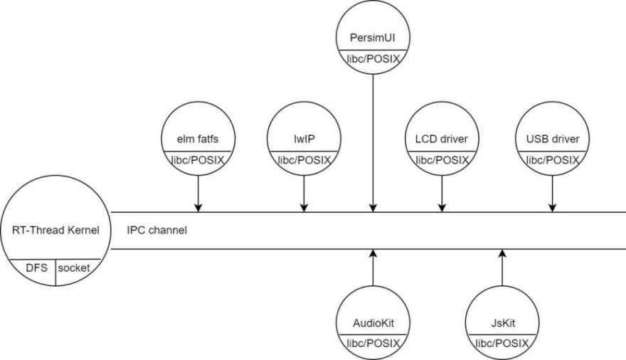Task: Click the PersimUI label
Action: (373, 38)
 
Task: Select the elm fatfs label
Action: (198, 139)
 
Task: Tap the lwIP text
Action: (304, 139)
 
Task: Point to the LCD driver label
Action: (442, 139)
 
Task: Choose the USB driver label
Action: (553, 139)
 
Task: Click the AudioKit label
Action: (373, 323)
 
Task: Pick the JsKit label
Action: (503, 323)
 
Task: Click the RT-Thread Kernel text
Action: (55, 231)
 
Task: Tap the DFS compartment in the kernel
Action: (37, 268)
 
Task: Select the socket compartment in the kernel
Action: (74, 268)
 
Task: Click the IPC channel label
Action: (156, 231)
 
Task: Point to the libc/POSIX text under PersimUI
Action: (373, 60)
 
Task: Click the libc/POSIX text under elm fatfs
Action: (198, 161)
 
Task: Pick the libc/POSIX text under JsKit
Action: (503, 343)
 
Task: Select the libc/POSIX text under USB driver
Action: (553, 161)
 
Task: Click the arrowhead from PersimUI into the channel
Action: (373, 208)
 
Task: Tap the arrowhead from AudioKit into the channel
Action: (373, 253)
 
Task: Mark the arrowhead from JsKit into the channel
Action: (503, 253)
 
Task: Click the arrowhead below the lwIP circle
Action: (304, 208)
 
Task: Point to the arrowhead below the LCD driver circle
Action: (442, 208)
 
